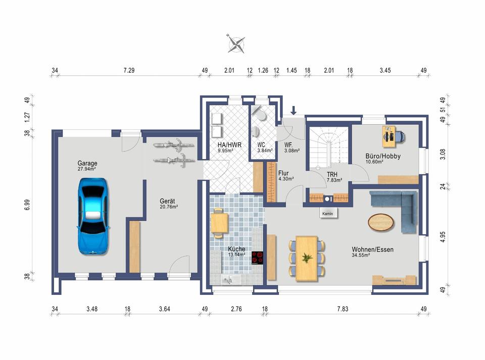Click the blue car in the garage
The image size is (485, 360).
[x=93, y=216]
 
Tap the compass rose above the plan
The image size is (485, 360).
[x=236, y=43]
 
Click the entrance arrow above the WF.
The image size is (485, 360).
[x=294, y=110]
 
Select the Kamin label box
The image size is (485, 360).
[x=328, y=214]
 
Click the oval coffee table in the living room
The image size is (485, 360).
[x=381, y=222]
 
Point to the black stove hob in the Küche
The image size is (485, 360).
[x=257, y=258]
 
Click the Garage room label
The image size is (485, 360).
[x=87, y=163]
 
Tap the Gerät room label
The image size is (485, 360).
[x=167, y=201]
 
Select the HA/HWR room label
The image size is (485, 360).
[x=229, y=144]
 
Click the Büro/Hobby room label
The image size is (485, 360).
[x=383, y=156]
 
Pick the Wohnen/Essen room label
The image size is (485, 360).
[x=372, y=249]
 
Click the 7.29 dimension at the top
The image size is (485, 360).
[x=129, y=71]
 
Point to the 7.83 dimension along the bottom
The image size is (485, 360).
[x=343, y=308]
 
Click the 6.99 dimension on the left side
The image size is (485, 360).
[x=27, y=204]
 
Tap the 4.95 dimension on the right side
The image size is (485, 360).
[x=443, y=237]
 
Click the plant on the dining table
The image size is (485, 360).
[x=307, y=258]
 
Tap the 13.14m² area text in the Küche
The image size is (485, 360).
[x=236, y=254]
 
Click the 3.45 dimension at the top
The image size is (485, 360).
[x=385, y=71]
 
